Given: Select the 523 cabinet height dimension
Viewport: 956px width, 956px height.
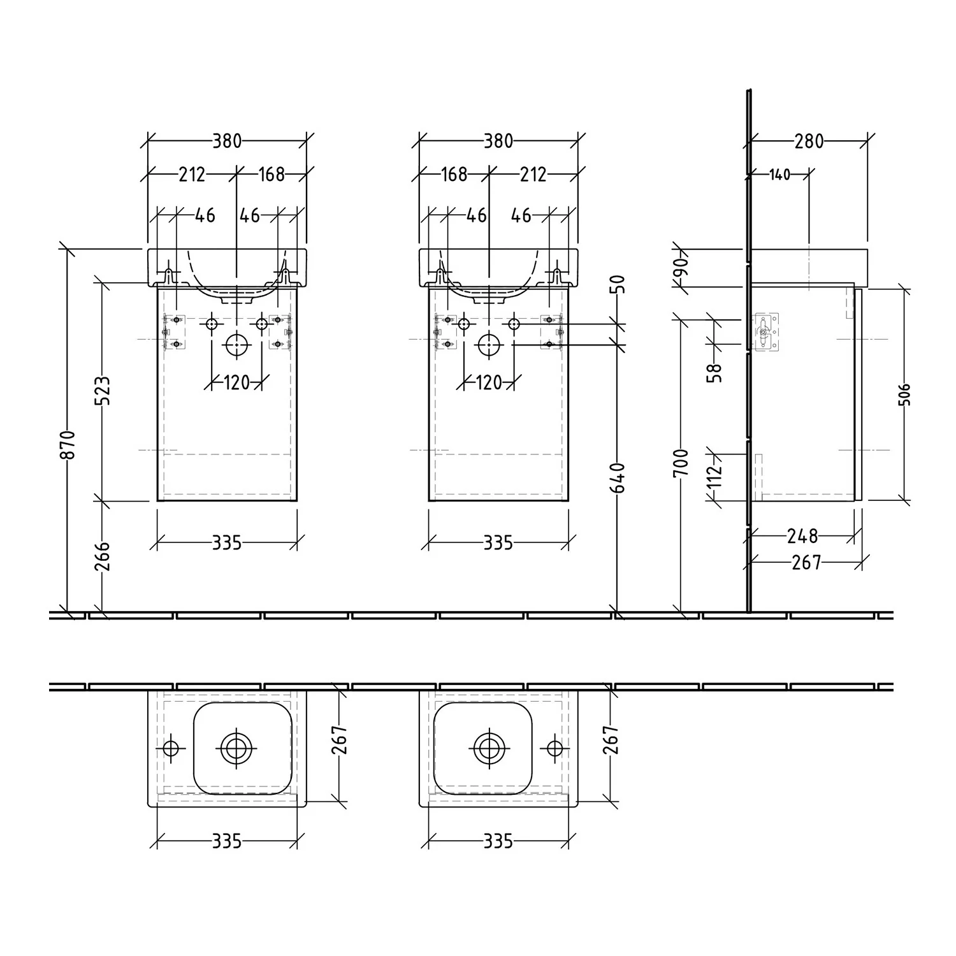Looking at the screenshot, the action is pyautogui.click(x=103, y=391).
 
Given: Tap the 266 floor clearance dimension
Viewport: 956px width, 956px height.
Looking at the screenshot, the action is pyautogui.click(x=103, y=556).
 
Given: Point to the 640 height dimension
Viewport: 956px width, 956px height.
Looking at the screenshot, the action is pyautogui.click(x=618, y=477).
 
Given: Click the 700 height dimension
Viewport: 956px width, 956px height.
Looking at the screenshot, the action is pyautogui.click(x=681, y=463).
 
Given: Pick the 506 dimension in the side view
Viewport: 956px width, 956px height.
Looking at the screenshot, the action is pyautogui.click(x=906, y=395).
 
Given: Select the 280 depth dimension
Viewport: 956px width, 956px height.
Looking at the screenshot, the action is pyautogui.click(x=809, y=141).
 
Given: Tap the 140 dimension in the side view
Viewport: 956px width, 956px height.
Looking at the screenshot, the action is pyautogui.click(x=779, y=174).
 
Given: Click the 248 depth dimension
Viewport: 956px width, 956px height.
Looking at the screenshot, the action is pyautogui.click(x=802, y=536).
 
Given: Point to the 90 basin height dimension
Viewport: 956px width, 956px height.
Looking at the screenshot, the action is pyautogui.click(x=681, y=268).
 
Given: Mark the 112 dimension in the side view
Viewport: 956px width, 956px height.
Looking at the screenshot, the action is pyautogui.click(x=715, y=473).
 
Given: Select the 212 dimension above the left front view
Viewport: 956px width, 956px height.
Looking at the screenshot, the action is pyautogui.click(x=192, y=174).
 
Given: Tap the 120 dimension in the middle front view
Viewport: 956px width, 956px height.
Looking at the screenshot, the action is pyautogui.click(x=489, y=382).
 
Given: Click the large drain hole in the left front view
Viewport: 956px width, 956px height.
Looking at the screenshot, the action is pyautogui.click(x=236, y=345).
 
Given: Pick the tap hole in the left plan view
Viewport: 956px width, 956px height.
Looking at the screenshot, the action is pyautogui.click(x=171, y=747).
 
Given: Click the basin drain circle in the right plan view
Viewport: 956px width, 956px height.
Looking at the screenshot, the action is pyautogui.click(x=489, y=747).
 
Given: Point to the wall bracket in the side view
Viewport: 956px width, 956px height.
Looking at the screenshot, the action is pyautogui.click(x=766, y=331).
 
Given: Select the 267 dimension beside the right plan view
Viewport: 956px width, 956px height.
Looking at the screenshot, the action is pyautogui.click(x=611, y=740).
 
